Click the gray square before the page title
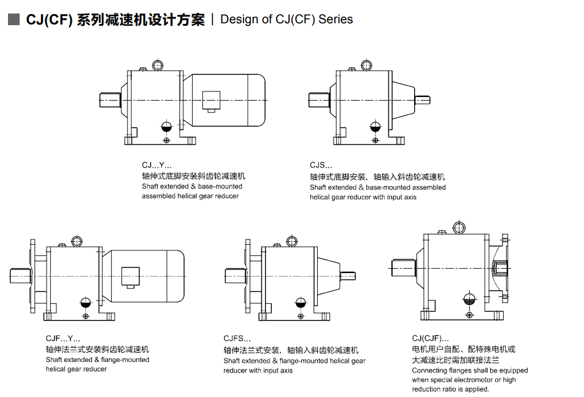13,20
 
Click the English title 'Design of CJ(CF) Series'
286,20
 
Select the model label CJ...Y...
156,165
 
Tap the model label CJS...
321,165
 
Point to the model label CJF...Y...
63,338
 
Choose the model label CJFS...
238,338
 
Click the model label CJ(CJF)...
430,338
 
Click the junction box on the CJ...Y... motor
212,100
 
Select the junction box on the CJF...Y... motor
131,276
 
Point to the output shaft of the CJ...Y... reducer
110,99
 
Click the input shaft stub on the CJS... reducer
423,99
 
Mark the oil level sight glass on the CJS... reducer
374,127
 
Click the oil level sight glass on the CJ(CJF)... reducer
469,299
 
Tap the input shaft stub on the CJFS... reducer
346,275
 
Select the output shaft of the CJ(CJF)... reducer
402,267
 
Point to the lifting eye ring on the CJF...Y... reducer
77,241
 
